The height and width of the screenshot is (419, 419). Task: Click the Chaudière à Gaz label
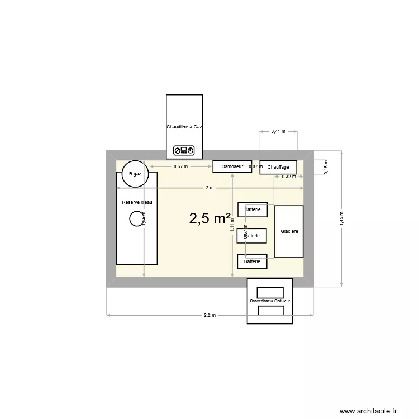pyautogui.click(x=184, y=127)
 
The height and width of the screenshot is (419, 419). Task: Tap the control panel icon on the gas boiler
pyautogui.click(x=184, y=150)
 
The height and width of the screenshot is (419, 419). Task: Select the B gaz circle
pyautogui.click(x=135, y=174)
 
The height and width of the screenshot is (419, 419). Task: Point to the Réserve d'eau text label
pyautogui.click(x=137, y=202)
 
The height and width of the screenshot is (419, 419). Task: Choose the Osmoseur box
pyautogui.click(x=232, y=166)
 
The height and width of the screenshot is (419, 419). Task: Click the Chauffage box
pyautogui.click(x=278, y=167)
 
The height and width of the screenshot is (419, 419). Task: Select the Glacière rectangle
pyautogui.click(x=289, y=231)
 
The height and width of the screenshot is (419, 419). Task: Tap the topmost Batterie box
pyautogui.click(x=253, y=209)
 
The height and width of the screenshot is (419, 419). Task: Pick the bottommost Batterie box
pyautogui.click(x=253, y=261)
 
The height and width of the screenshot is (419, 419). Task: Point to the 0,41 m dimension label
pyautogui.click(x=278, y=131)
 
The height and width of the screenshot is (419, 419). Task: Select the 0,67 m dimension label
pyautogui.click(x=180, y=166)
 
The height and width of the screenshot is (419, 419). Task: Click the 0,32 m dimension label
pyautogui.click(x=289, y=177)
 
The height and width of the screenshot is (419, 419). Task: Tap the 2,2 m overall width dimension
pyautogui.click(x=209, y=315)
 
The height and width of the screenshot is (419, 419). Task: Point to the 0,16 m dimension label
pyautogui.click(x=326, y=168)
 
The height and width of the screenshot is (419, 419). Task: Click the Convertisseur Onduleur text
pyautogui.click(x=270, y=301)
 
